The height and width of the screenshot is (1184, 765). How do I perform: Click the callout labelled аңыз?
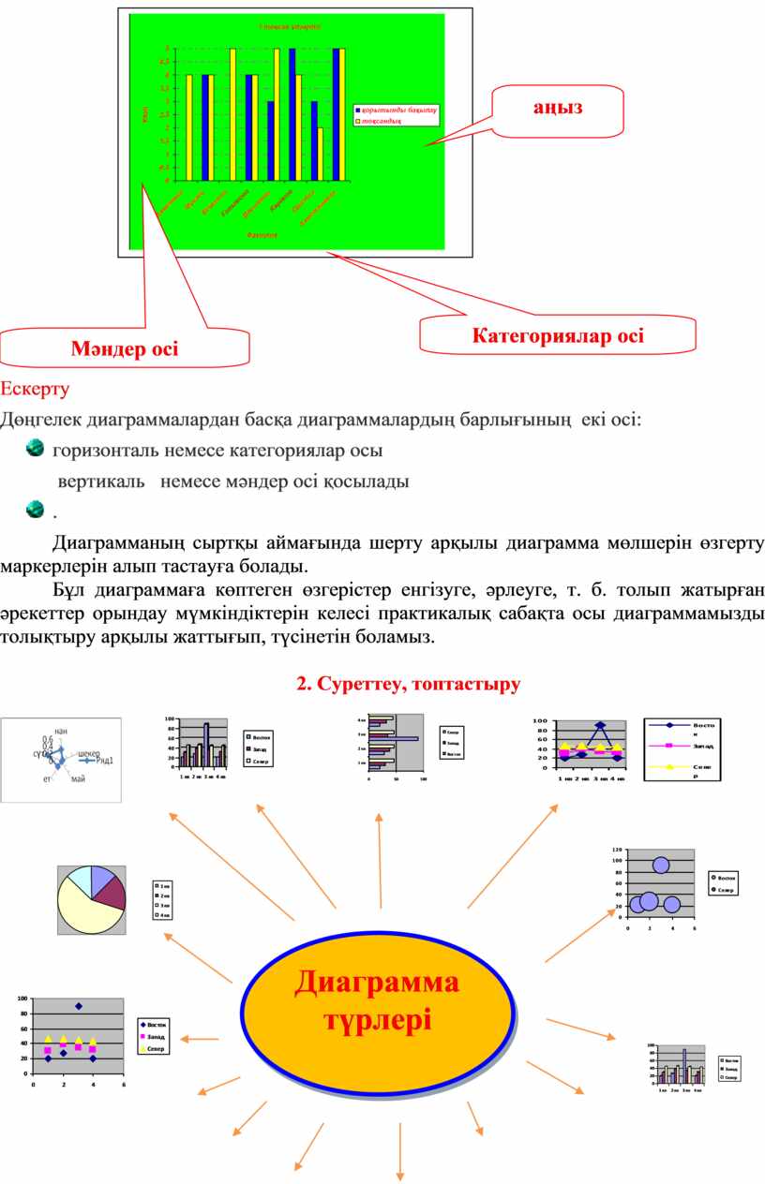pos(559,107)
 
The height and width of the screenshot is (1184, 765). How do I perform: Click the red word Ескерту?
pos(34,387)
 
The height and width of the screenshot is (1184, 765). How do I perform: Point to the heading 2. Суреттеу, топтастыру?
pos(408,684)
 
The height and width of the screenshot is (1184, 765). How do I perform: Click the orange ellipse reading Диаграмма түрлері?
pos(378,999)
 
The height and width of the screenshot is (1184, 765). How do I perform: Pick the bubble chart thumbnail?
pos(661,886)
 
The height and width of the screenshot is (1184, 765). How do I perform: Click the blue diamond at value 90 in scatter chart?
pos(79,1006)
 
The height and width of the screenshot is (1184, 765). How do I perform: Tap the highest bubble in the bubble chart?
pos(661,866)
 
